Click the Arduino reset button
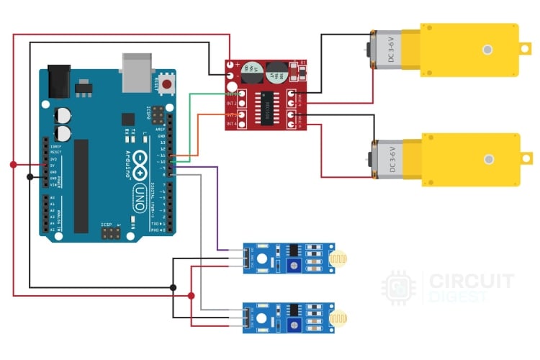pos(167,85)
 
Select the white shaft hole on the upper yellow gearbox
pos(488,50)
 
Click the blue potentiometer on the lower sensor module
pos(294,326)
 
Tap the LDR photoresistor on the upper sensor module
pos(338,258)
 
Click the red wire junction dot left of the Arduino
pos(13,165)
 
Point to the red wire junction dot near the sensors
pos(191,296)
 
